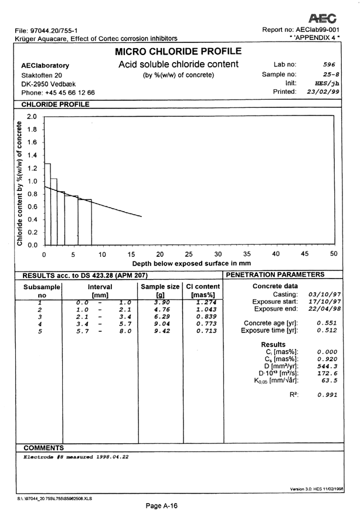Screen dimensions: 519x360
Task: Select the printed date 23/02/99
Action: coord(324,92)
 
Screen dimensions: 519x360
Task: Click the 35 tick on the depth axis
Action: coord(247,255)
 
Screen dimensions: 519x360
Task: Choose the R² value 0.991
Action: coord(325,395)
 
